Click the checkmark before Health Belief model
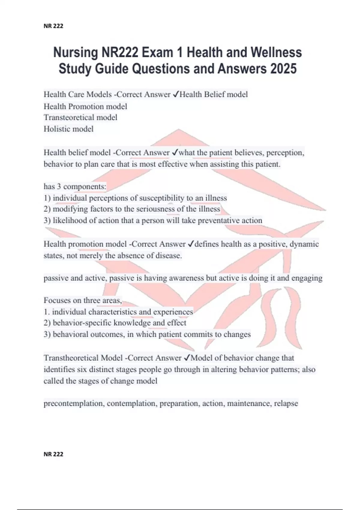point(176,94)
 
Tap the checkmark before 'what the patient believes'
point(175,153)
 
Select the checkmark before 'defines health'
point(191,244)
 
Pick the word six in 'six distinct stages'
point(82,369)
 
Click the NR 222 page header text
point(53,26)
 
